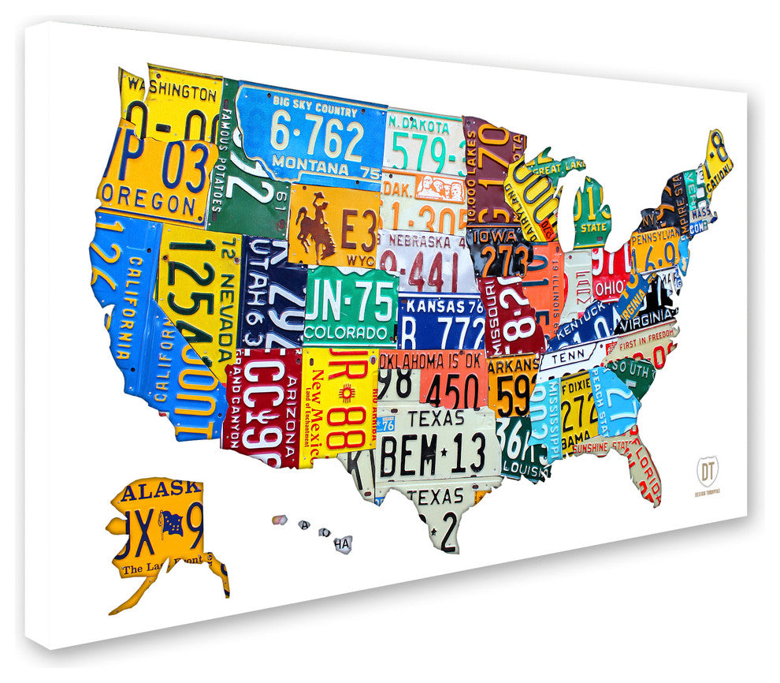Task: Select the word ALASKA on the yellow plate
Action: click(154, 489)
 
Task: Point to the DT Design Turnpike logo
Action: click(706, 474)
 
